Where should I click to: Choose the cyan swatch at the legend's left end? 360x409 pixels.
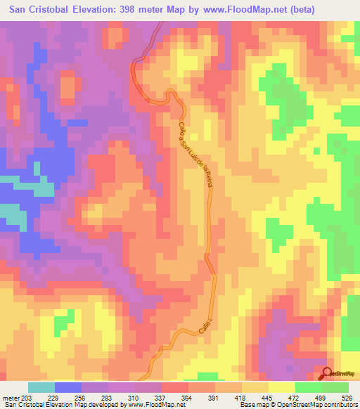41,387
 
